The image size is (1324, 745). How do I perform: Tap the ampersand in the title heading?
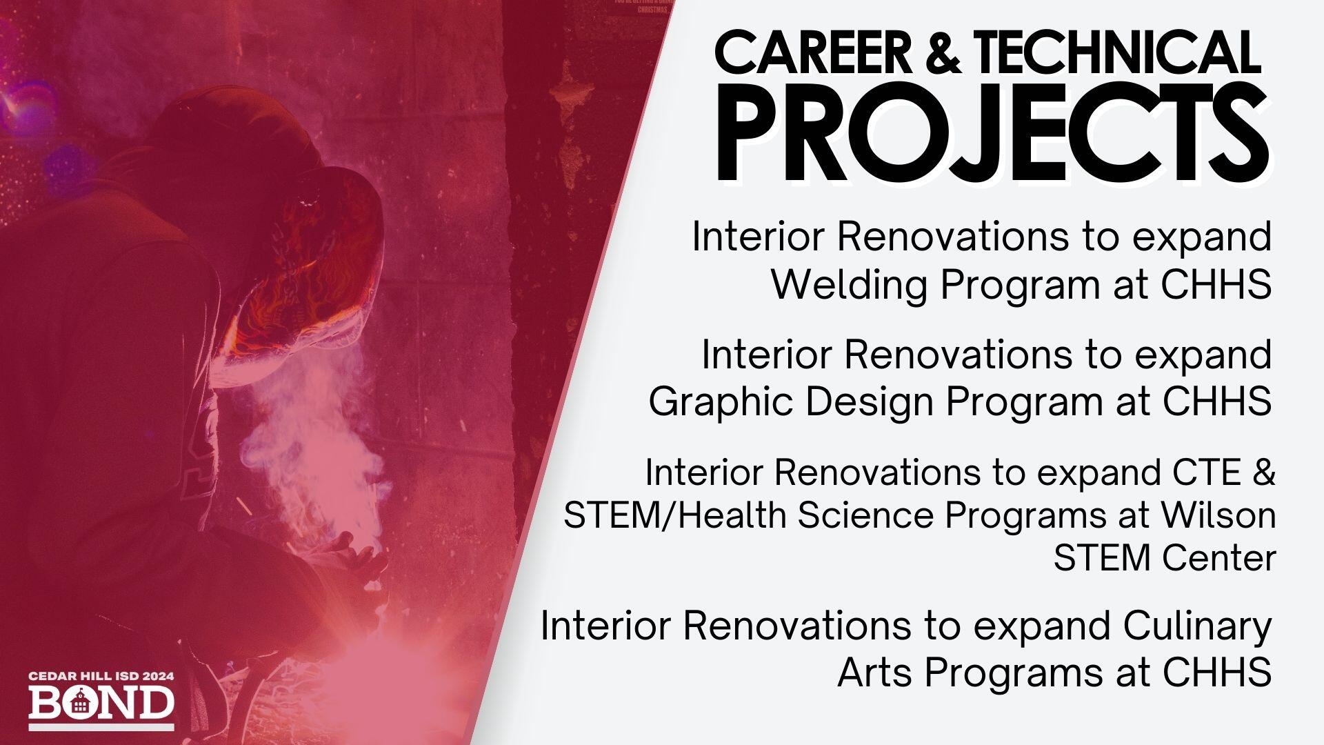(942, 53)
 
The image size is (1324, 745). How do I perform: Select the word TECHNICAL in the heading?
(1117, 53)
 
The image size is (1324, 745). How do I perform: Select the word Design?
(870, 401)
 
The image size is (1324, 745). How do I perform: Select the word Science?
(866, 515)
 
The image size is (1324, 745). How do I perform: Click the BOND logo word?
(101, 703)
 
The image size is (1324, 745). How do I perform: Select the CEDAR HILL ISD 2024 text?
(101, 677)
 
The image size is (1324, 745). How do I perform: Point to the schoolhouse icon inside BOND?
(80, 703)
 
